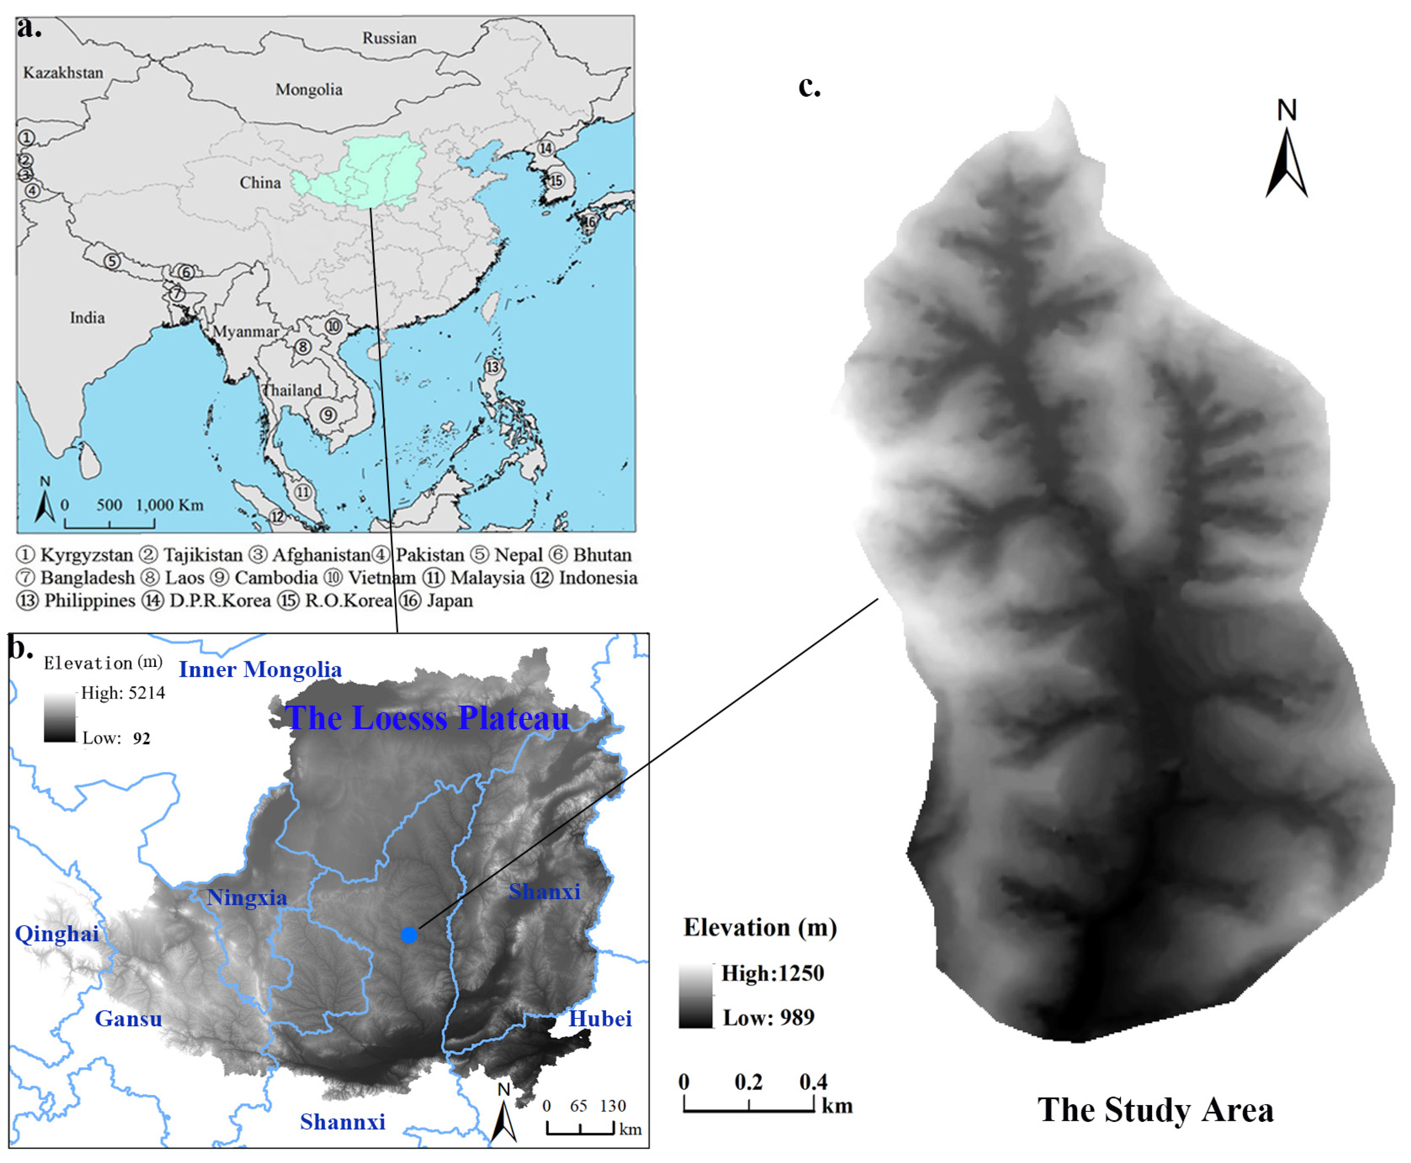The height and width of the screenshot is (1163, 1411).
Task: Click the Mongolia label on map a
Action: pyautogui.click(x=309, y=89)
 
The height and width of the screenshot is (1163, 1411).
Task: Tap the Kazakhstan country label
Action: pyautogui.click(x=63, y=72)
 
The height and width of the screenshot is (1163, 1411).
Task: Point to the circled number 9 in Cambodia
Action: pyautogui.click(x=328, y=415)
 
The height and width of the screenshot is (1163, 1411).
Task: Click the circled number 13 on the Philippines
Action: pyautogui.click(x=492, y=367)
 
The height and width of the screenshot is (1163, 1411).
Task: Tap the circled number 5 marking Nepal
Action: pyautogui.click(x=112, y=261)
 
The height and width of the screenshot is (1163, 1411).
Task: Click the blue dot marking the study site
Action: pyautogui.click(x=409, y=935)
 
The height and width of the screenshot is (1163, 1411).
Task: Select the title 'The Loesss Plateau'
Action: pyautogui.click(x=427, y=717)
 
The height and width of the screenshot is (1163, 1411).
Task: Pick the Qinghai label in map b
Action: pyautogui.click(x=57, y=933)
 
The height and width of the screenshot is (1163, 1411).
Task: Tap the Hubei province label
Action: pyautogui.click(x=600, y=1018)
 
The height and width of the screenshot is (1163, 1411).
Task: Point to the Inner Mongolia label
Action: pyautogui.click(x=260, y=669)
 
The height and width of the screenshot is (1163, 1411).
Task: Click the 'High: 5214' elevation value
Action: pyautogui.click(x=123, y=693)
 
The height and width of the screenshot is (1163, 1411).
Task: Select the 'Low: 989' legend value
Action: pyautogui.click(x=768, y=1017)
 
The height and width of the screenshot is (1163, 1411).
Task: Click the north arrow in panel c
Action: pyautogui.click(x=1286, y=161)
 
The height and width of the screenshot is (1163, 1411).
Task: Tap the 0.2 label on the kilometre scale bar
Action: pyautogui.click(x=748, y=1081)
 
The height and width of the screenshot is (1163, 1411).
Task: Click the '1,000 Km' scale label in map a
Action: pyautogui.click(x=169, y=505)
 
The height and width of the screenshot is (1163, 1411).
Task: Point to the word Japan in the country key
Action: pyautogui.click(x=450, y=600)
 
